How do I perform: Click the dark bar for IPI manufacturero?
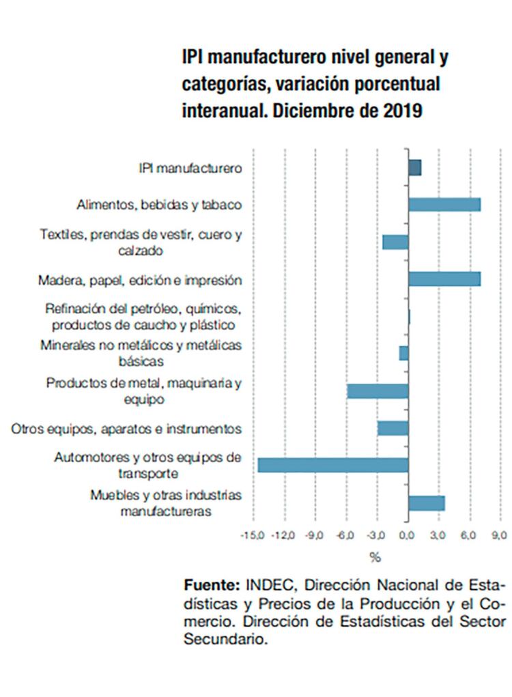tap(414, 167)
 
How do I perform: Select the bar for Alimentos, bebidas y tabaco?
tap(444, 204)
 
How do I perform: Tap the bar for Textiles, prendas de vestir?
tap(395, 242)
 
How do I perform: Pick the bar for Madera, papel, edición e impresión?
tap(444, 279)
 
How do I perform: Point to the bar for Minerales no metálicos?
tap(404, 353)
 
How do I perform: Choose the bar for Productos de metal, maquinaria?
tap(378, 391)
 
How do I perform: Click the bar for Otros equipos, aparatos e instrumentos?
tap(393, 428)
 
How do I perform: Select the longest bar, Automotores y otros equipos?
tap(333, 465)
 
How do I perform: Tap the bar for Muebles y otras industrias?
tap(427, 503)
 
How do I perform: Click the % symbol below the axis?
tap(375, 558)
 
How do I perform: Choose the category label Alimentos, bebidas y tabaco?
tap(160, 205)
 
